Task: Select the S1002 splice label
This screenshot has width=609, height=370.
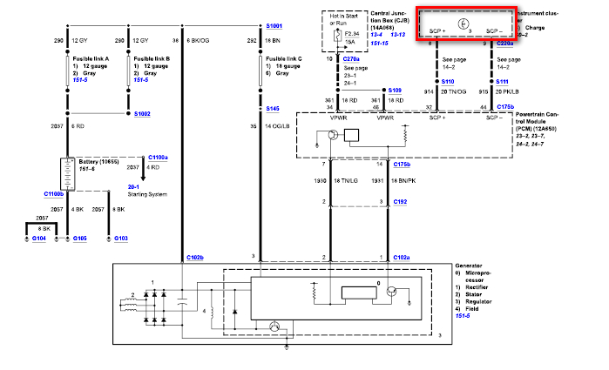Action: (x=142, y=113)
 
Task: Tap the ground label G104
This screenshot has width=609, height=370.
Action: (x=38, y=238)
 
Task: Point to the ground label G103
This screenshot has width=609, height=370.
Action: (x=120, y=238)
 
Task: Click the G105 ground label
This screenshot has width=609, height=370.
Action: (x=79, y=238)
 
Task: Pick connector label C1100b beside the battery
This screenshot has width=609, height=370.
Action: (x=54, y=193)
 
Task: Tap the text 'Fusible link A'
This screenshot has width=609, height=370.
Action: (x=90, y=58)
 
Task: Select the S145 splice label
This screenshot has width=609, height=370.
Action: (x=273, y=109)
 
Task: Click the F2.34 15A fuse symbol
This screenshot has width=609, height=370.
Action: (x=338, y=37)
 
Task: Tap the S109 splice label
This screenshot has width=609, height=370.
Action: (x=396, y=90)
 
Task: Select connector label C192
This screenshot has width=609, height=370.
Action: (x=401, y=201)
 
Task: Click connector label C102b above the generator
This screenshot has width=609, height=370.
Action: (x=195, y=258)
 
